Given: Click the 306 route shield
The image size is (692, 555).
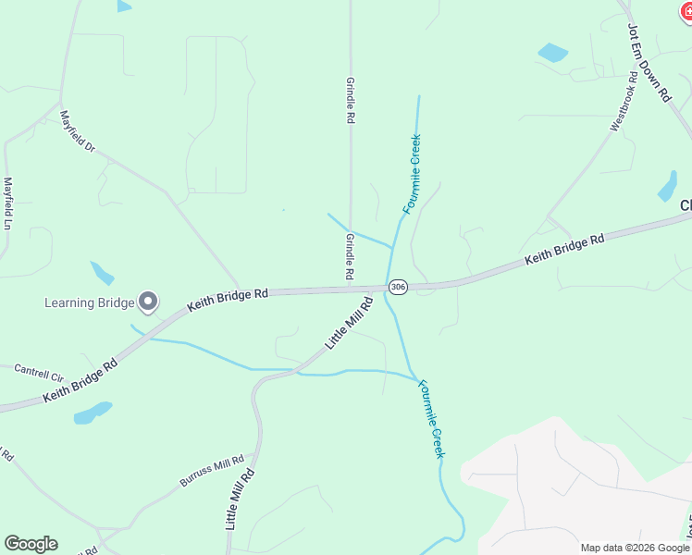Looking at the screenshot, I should (398, 287).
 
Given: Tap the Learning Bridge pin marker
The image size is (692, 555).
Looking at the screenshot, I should (148, 302).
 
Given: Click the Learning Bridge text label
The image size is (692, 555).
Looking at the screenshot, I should (90, 302).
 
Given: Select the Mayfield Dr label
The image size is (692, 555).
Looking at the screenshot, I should (78, 131).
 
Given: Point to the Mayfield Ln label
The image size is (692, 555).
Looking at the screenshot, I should (8, 203).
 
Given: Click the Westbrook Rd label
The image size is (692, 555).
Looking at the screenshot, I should (625, 102).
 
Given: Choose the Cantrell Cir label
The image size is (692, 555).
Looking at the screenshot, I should (39, 373).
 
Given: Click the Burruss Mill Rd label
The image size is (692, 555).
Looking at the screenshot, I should (212, 471).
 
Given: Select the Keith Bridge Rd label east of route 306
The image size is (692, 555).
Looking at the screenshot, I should (564, 250).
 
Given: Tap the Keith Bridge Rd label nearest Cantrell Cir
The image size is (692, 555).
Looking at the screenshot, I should (80, 381).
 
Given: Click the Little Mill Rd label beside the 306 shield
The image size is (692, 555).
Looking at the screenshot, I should (349, 322).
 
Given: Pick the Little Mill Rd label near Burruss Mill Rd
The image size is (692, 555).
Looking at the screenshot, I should (239, 499).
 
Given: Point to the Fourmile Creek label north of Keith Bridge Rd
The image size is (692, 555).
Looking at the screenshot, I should (413, 174).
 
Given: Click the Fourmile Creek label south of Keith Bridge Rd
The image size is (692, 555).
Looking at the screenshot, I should (431, 418).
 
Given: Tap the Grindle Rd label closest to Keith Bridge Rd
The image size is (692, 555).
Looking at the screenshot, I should (351, 257).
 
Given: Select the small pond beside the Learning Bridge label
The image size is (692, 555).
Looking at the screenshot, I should (102, 273).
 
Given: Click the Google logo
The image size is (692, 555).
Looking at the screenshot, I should (31, 544).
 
